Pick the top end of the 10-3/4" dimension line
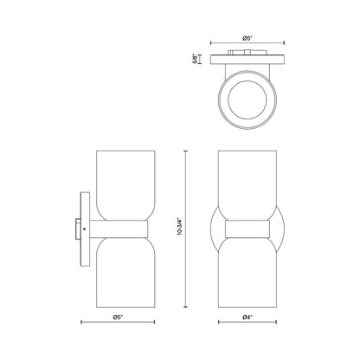pos(186,153)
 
